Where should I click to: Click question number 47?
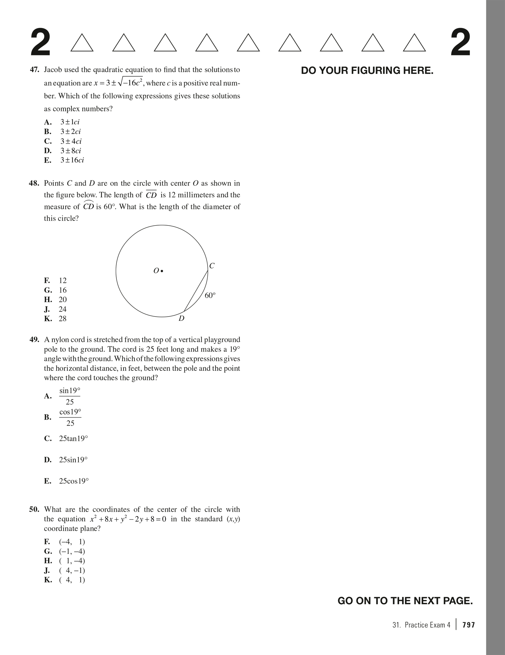[x=34, y=70]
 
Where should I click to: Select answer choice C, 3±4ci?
[x=71, y=141]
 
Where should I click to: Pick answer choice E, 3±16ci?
[x=72, y=160]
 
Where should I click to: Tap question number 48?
[x=34, y=183]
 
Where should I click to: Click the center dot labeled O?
[x=162, y=271]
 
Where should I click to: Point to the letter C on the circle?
[x=212, y=266]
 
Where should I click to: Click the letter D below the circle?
[x=181, y=318]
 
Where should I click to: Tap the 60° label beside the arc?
[x=210, y=295]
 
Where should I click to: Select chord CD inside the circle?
[x=196, y=291]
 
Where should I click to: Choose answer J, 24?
[x=63, y=309]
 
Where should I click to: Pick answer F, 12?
[x=63, y=280]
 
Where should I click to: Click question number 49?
[x=34, y=340]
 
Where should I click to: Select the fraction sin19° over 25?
[x=70, y=396]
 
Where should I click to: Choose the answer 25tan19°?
[x=73, y=438]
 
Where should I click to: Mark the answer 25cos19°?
[x=74, y=481]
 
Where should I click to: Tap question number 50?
[x=34, y=509]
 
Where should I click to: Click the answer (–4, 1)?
[x=72, y=541]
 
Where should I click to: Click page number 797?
[x=469, y=625]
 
